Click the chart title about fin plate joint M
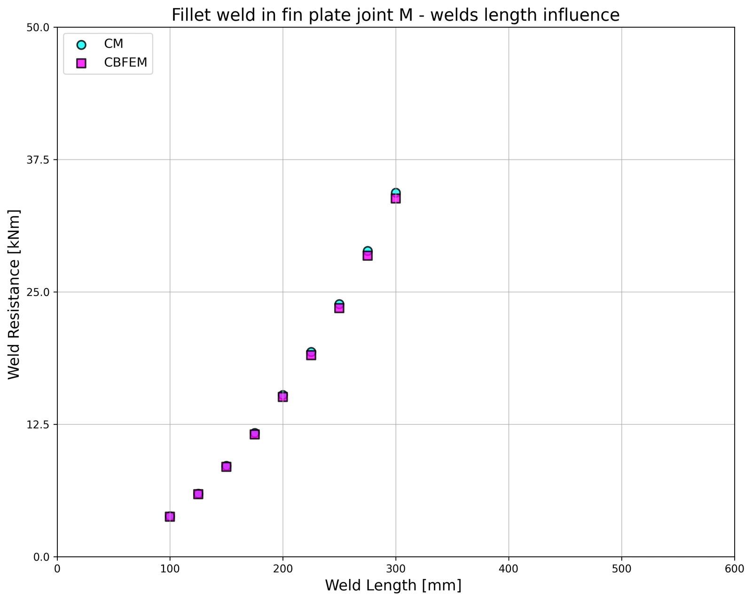click(395, 15)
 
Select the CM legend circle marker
click(81, 45)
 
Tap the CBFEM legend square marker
click(81, 63)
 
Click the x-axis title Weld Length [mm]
click(393, 585)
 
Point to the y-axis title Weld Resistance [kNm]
click(14, 294)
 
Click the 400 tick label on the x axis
click(509, 569)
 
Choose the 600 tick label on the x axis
click(734, 569)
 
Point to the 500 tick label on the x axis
click(621, 569)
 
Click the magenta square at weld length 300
click(396, 198)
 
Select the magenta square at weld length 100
click(170, 516)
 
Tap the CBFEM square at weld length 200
click(282, 397)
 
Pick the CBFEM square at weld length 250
click(339, 308)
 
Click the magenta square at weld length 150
click(226, 467)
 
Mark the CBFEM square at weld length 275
click(367, 256)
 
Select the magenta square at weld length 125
click(198, 494)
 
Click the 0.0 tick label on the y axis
click(41, 557)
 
